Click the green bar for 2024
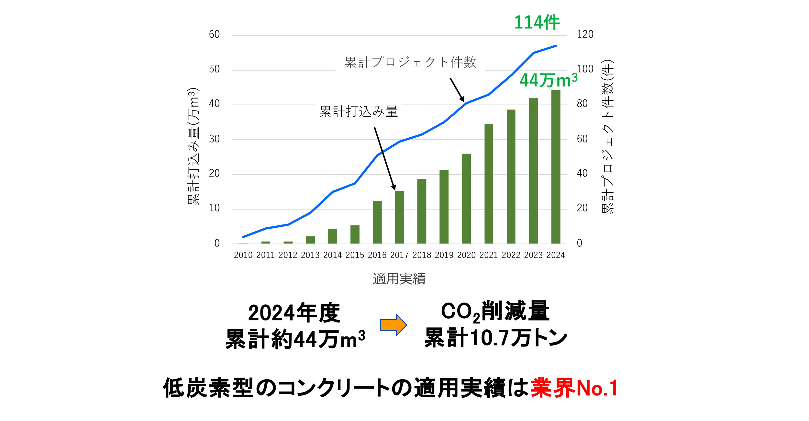tap(556, 167)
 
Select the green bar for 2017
tap(399, 217)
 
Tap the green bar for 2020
tap(466, 199)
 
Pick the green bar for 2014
tap(333, 236)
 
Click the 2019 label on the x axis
tap(444, 255)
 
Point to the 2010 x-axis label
tap(243, 255)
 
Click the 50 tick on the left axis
tap(214, 69)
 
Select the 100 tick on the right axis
tap(585, 69)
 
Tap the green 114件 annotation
tap(537, 23)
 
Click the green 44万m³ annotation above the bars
tap(548, 80)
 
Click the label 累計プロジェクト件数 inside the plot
tap(410, 62)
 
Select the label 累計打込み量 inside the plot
tap(359, 111)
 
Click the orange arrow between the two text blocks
tap(393, 325)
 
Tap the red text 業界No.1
tap(574, 388)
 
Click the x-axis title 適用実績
tap(399, 279)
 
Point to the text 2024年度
tap(294, 313)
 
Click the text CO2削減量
tap(495, 312)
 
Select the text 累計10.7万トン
tap(495, 338)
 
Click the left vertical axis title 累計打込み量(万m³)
tap(194, 146)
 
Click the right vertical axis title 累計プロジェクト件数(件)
tap(607, 137)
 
